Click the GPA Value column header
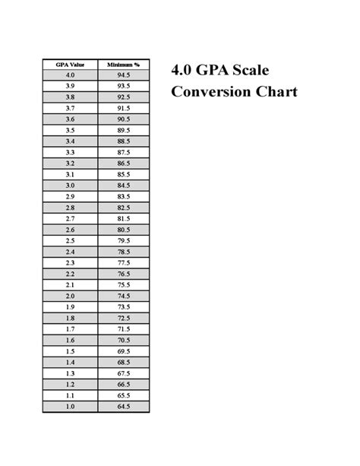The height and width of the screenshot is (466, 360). tap(71, 65)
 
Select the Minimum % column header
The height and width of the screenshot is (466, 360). tap(123, 65)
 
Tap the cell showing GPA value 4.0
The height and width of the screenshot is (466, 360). tap(71, 75)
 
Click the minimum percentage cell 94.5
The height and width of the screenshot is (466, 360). tap(123, 75)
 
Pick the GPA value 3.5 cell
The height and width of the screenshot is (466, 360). tap(71, 130)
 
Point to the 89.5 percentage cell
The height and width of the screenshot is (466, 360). tap(123, 130)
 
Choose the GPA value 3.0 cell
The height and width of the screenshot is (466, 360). tap(71, 185)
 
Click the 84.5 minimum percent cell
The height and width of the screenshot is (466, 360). tap(123, 185)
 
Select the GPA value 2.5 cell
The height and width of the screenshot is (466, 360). tap(71, 240)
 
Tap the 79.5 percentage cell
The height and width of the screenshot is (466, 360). tap(123, 240)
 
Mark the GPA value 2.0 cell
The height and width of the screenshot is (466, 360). tap(71, 296)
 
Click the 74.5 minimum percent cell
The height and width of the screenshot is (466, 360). tap(123, 296)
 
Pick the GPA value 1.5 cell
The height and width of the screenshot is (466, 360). tap(71, 351)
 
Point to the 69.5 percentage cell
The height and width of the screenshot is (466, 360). tap(123, 351)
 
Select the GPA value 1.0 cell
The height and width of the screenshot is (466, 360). tap(71, 407)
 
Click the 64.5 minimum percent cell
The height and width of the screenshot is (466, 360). tap(123, 407)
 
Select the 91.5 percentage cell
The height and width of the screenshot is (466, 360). tap(123, 108)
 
